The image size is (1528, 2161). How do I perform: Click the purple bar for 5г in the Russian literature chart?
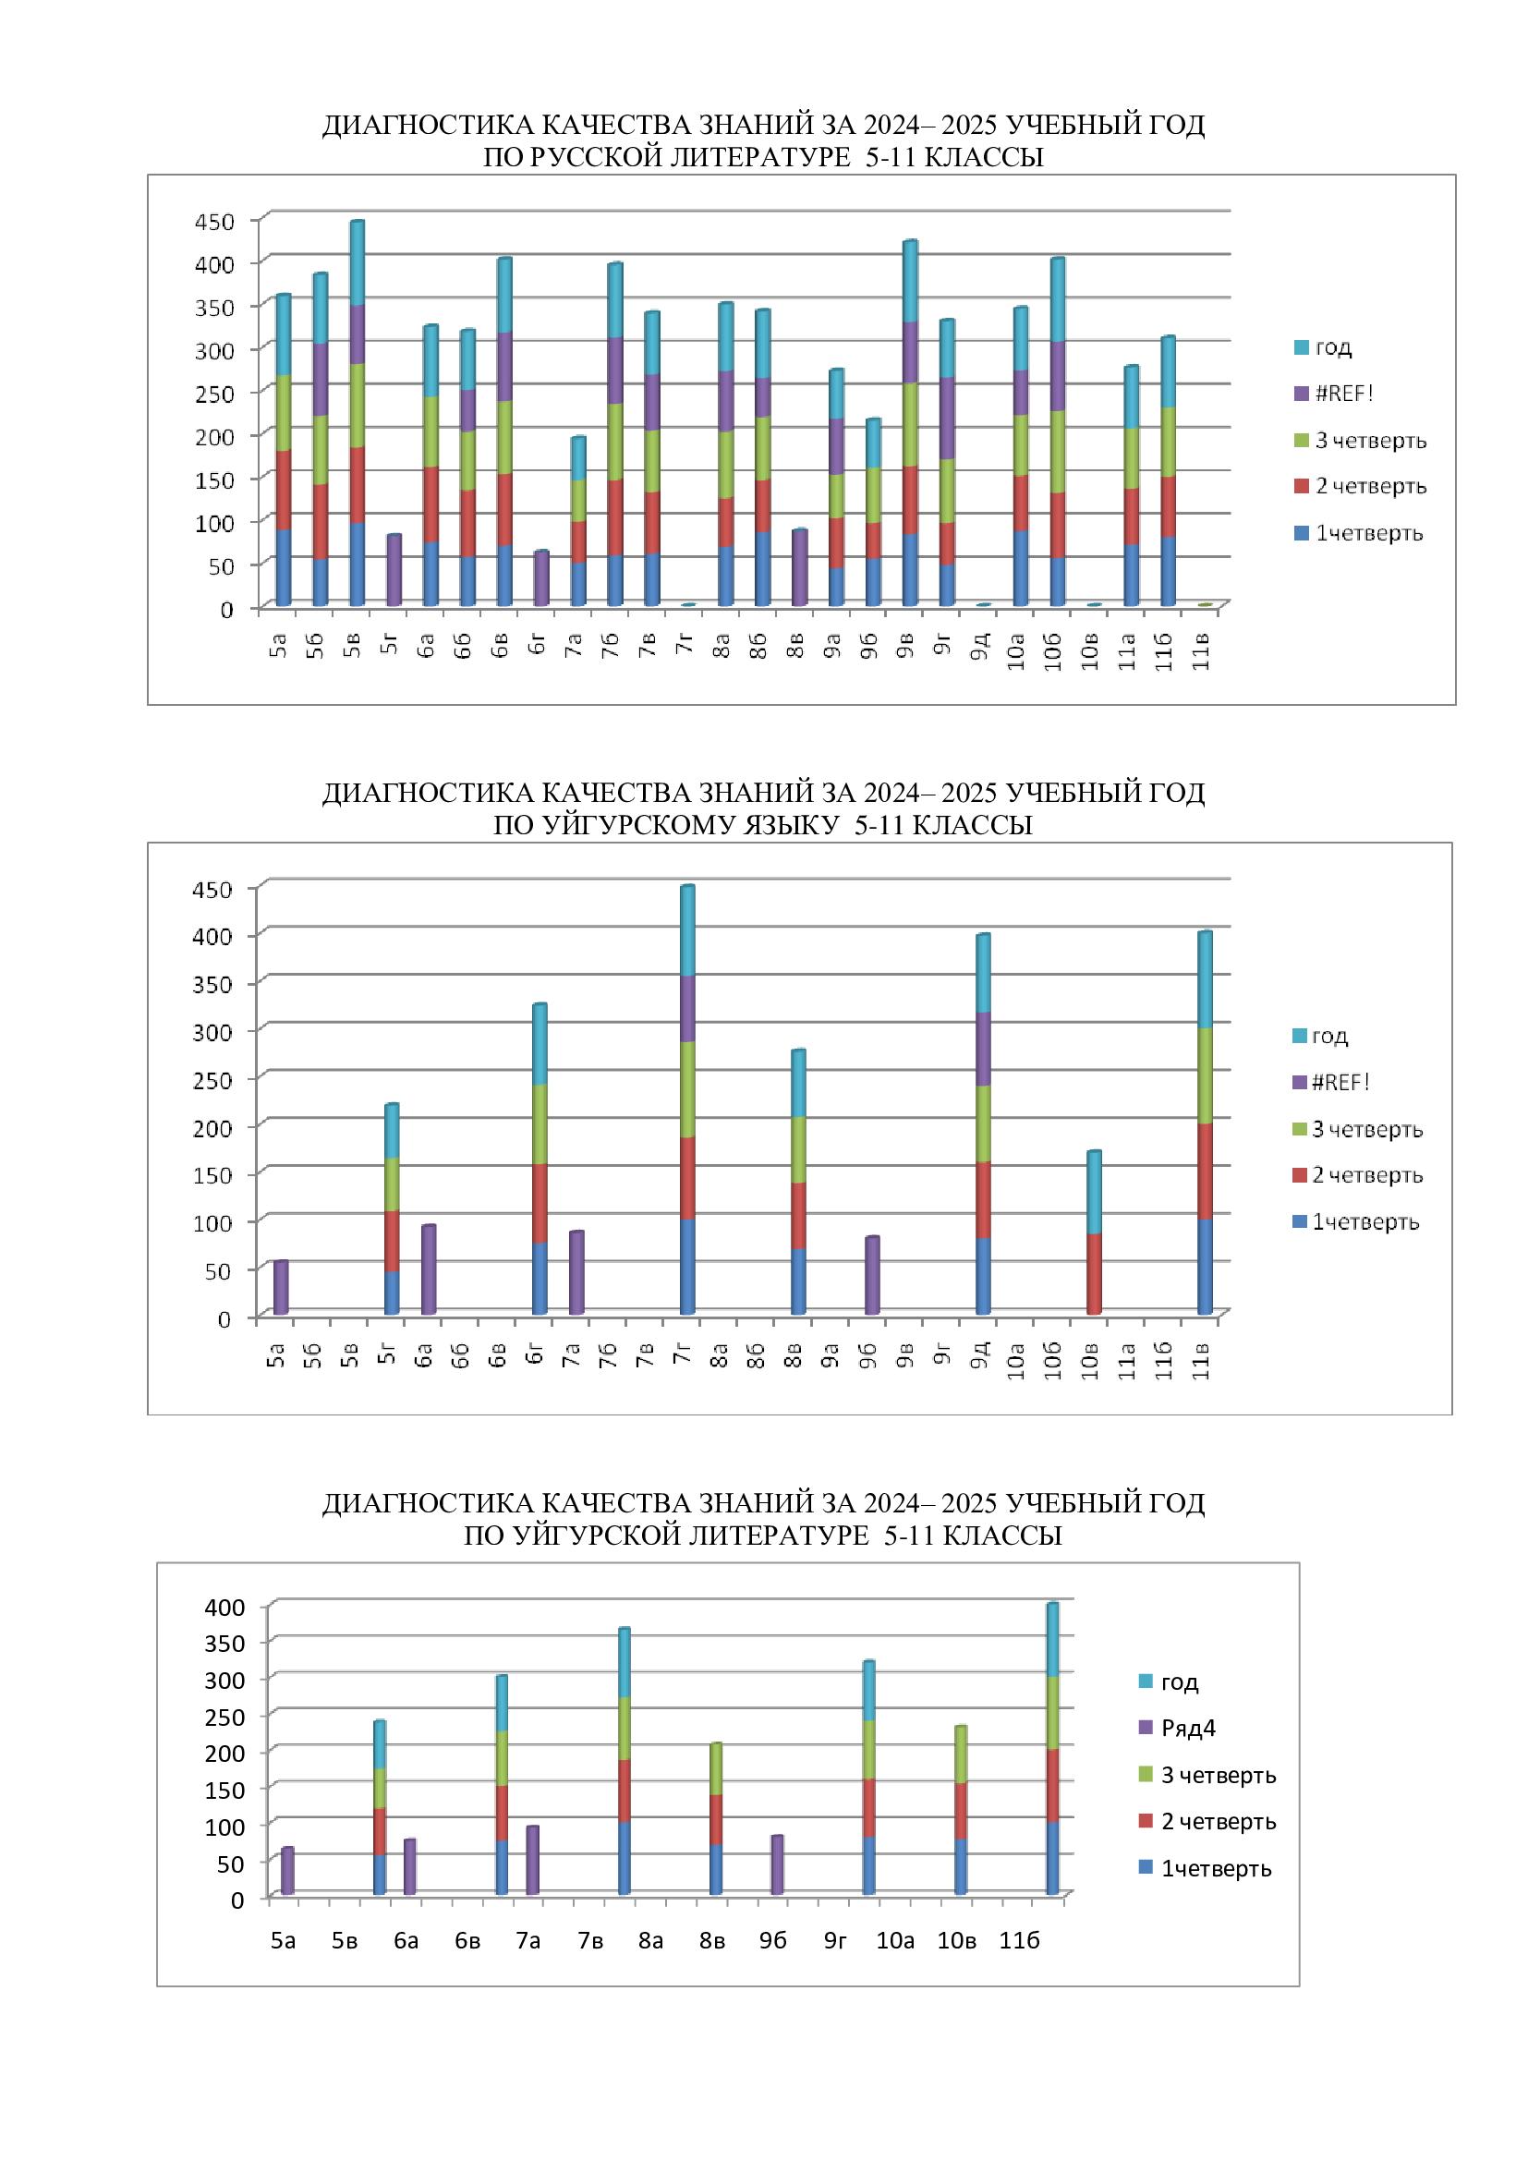(394, 570)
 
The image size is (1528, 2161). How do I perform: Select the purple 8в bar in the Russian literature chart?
(799, 567)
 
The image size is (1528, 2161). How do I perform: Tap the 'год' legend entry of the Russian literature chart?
(1332, 347)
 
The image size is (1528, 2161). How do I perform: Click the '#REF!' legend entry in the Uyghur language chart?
(1340, 1083)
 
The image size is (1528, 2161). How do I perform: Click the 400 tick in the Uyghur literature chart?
(224, 1607)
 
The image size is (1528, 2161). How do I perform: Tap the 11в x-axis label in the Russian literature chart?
(1201, 652)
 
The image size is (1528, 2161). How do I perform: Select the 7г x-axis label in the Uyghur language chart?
(683, 1354)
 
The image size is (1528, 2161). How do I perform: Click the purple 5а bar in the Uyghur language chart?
(281, 1287)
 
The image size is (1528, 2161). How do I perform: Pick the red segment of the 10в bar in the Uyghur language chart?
(1093, 1273)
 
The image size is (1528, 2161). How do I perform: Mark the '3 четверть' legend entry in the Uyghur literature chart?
(1218, 1775)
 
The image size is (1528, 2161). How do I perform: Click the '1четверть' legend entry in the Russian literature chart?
(1368, 534)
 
